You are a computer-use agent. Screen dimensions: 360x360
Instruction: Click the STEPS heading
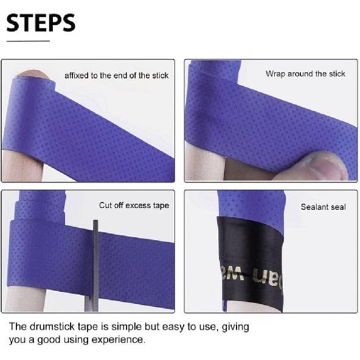tap(41, 22)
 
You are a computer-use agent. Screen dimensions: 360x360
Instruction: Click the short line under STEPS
tap(27, 41)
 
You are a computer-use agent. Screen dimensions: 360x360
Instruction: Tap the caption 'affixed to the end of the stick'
tap(116, 75)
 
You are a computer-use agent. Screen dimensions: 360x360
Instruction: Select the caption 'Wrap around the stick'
tap(305, 74)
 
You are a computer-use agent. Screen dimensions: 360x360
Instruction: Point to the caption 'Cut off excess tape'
tap(134, 206)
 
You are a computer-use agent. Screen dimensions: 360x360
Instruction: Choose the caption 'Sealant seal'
tap(323, 207)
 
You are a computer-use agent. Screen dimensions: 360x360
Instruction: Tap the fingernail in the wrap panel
tap(329, 165)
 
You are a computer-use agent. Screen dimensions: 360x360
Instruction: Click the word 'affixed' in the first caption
tap(77, 75)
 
